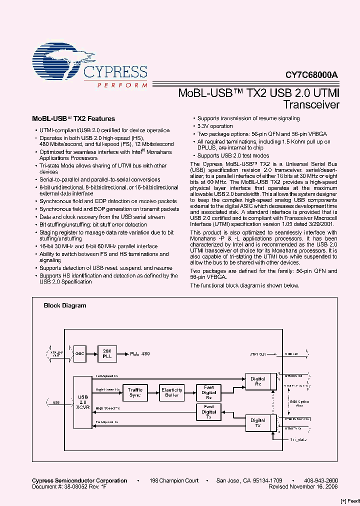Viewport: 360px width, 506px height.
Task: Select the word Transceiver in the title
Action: (x=311, y=105)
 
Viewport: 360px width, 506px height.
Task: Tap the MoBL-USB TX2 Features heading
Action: (x=73, y=119)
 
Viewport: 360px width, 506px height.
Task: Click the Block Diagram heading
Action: (x=65, y=305)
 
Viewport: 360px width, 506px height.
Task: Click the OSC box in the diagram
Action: (x=80, y=353)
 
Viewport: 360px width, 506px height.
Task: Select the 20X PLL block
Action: (x=106, y=353)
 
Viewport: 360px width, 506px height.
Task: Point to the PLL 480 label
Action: (x=140, y=354)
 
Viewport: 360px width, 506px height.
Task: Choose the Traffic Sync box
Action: (x=135, y=392)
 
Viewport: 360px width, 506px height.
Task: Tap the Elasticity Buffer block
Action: (x=172, y=392)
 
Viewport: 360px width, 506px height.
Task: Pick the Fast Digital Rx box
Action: (x=209, y=392)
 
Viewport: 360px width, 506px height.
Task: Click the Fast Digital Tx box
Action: (x=209, y=412)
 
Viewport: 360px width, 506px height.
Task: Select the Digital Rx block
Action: (x=258, y=382)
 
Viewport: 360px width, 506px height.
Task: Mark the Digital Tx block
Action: (x=258, y=423)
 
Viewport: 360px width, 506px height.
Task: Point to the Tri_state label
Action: (x=298, y=439)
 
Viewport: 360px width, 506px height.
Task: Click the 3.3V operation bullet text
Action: (x=215, y=126)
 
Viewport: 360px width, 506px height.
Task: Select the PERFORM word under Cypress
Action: (x=122, y=85)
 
